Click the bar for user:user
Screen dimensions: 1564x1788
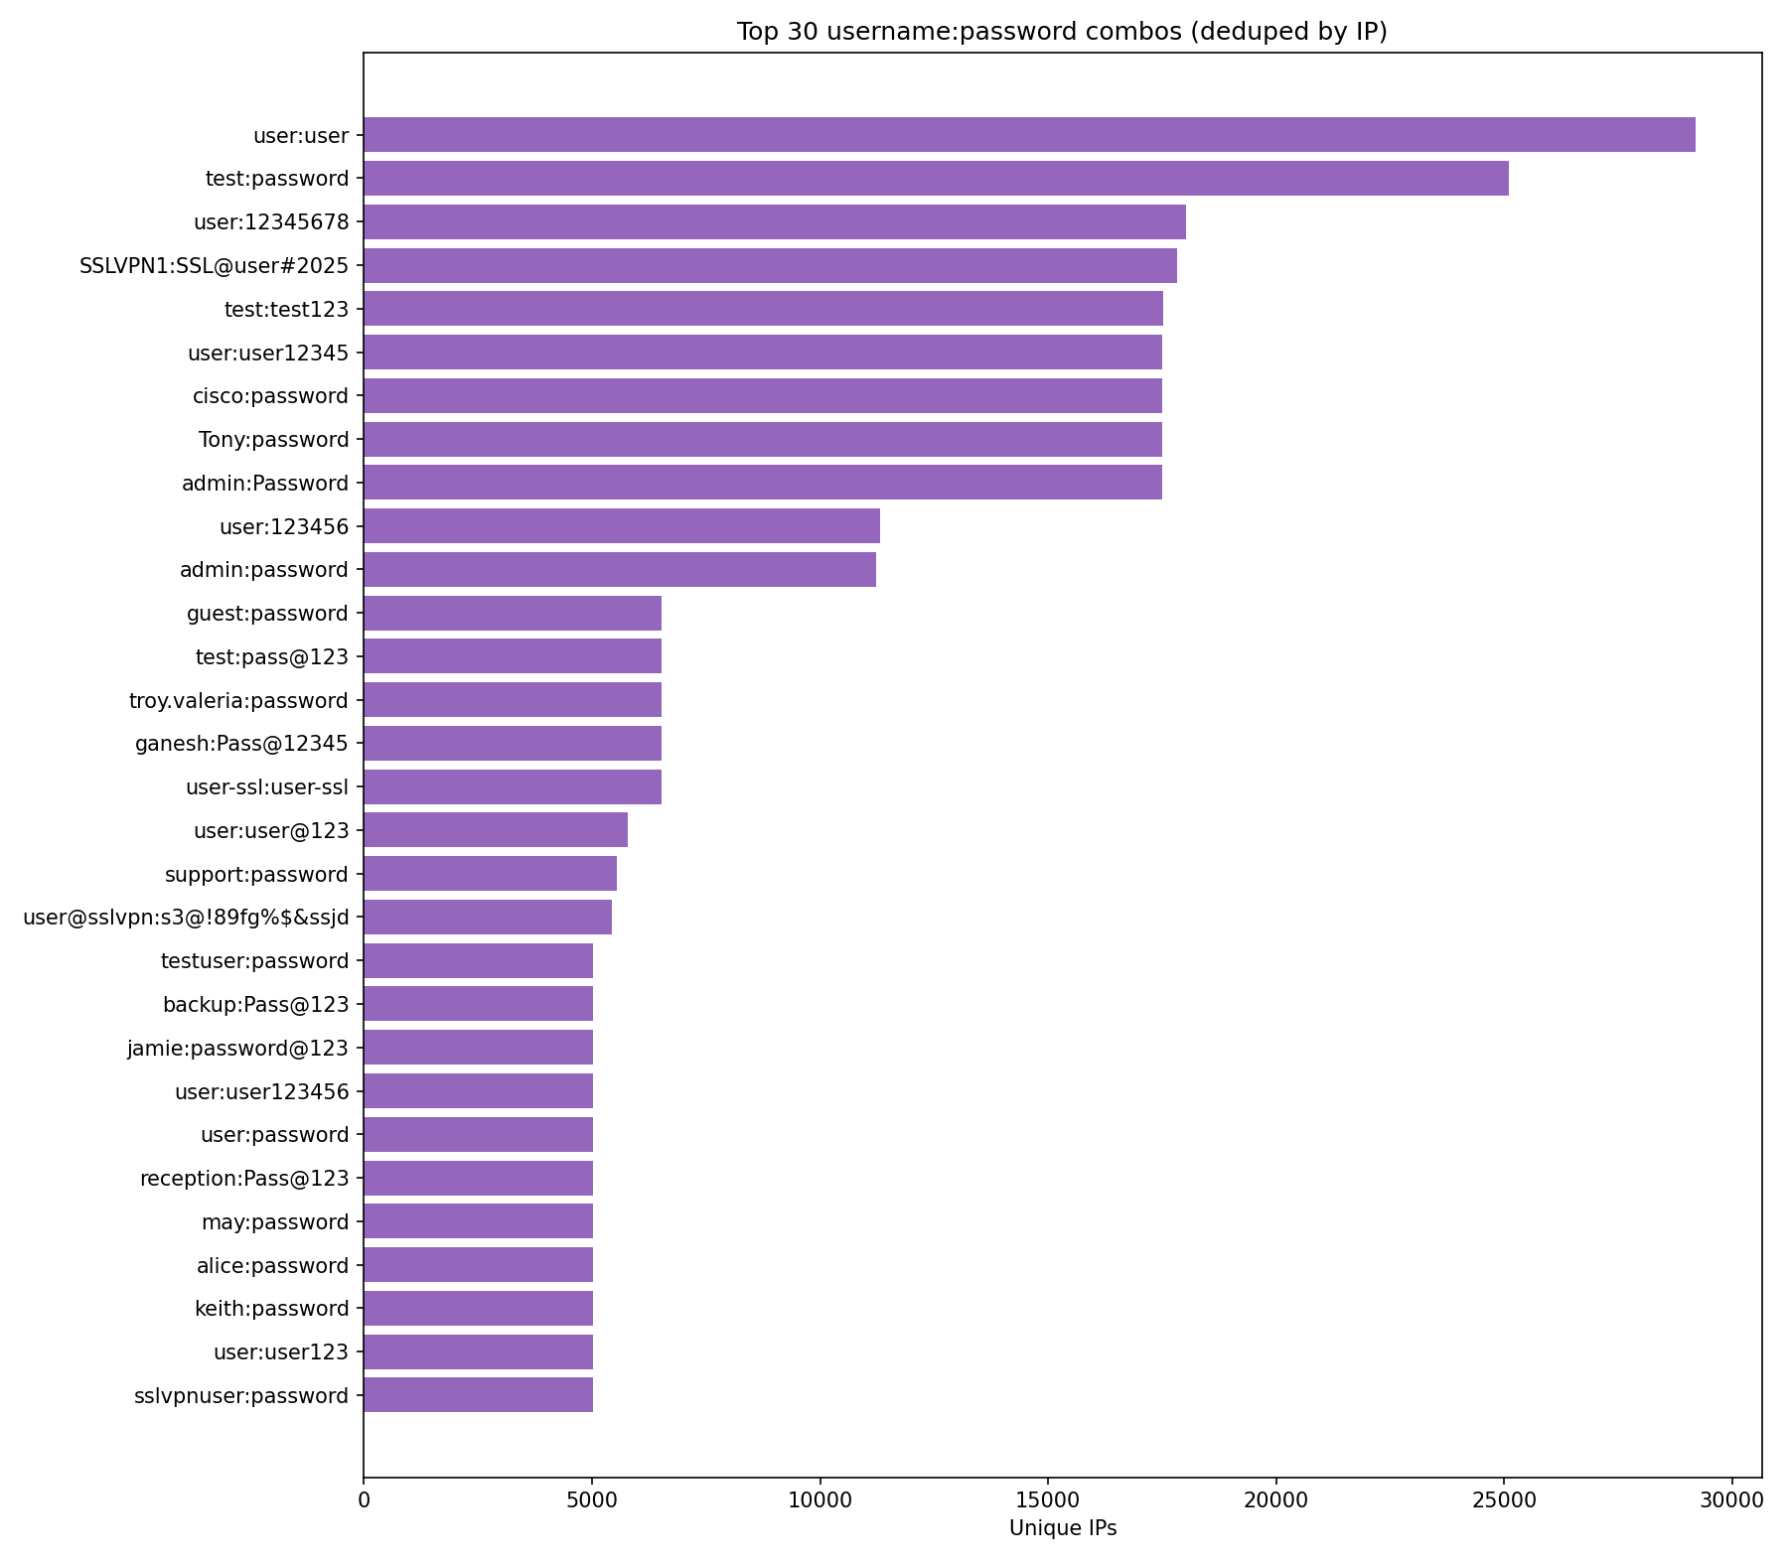tap(1029, 134)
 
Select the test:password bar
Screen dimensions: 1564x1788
tap(936, 178)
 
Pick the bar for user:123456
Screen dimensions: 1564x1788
tap(622, 526)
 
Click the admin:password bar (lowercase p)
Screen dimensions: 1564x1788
tap(620, 570)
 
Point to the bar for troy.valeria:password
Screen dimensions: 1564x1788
tap(513, 700)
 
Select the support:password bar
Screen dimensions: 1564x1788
tap(490, 874)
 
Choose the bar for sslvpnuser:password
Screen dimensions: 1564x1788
tap(478, 1395)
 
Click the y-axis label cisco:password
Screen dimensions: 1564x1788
tap(270, 396)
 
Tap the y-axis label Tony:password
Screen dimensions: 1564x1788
tap(273, 440)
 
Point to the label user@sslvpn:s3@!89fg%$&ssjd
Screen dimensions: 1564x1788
tap(186, 918)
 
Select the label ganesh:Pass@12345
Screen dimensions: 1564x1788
tap(241, 744)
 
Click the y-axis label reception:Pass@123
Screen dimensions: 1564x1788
tap(244, 1179)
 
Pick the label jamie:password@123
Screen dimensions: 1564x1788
tap(238, 1048)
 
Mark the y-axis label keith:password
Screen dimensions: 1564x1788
tap(272, 1309)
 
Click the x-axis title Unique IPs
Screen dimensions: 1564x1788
tap(1063, 1528)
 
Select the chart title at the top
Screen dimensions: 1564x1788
tap(1062, 32)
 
